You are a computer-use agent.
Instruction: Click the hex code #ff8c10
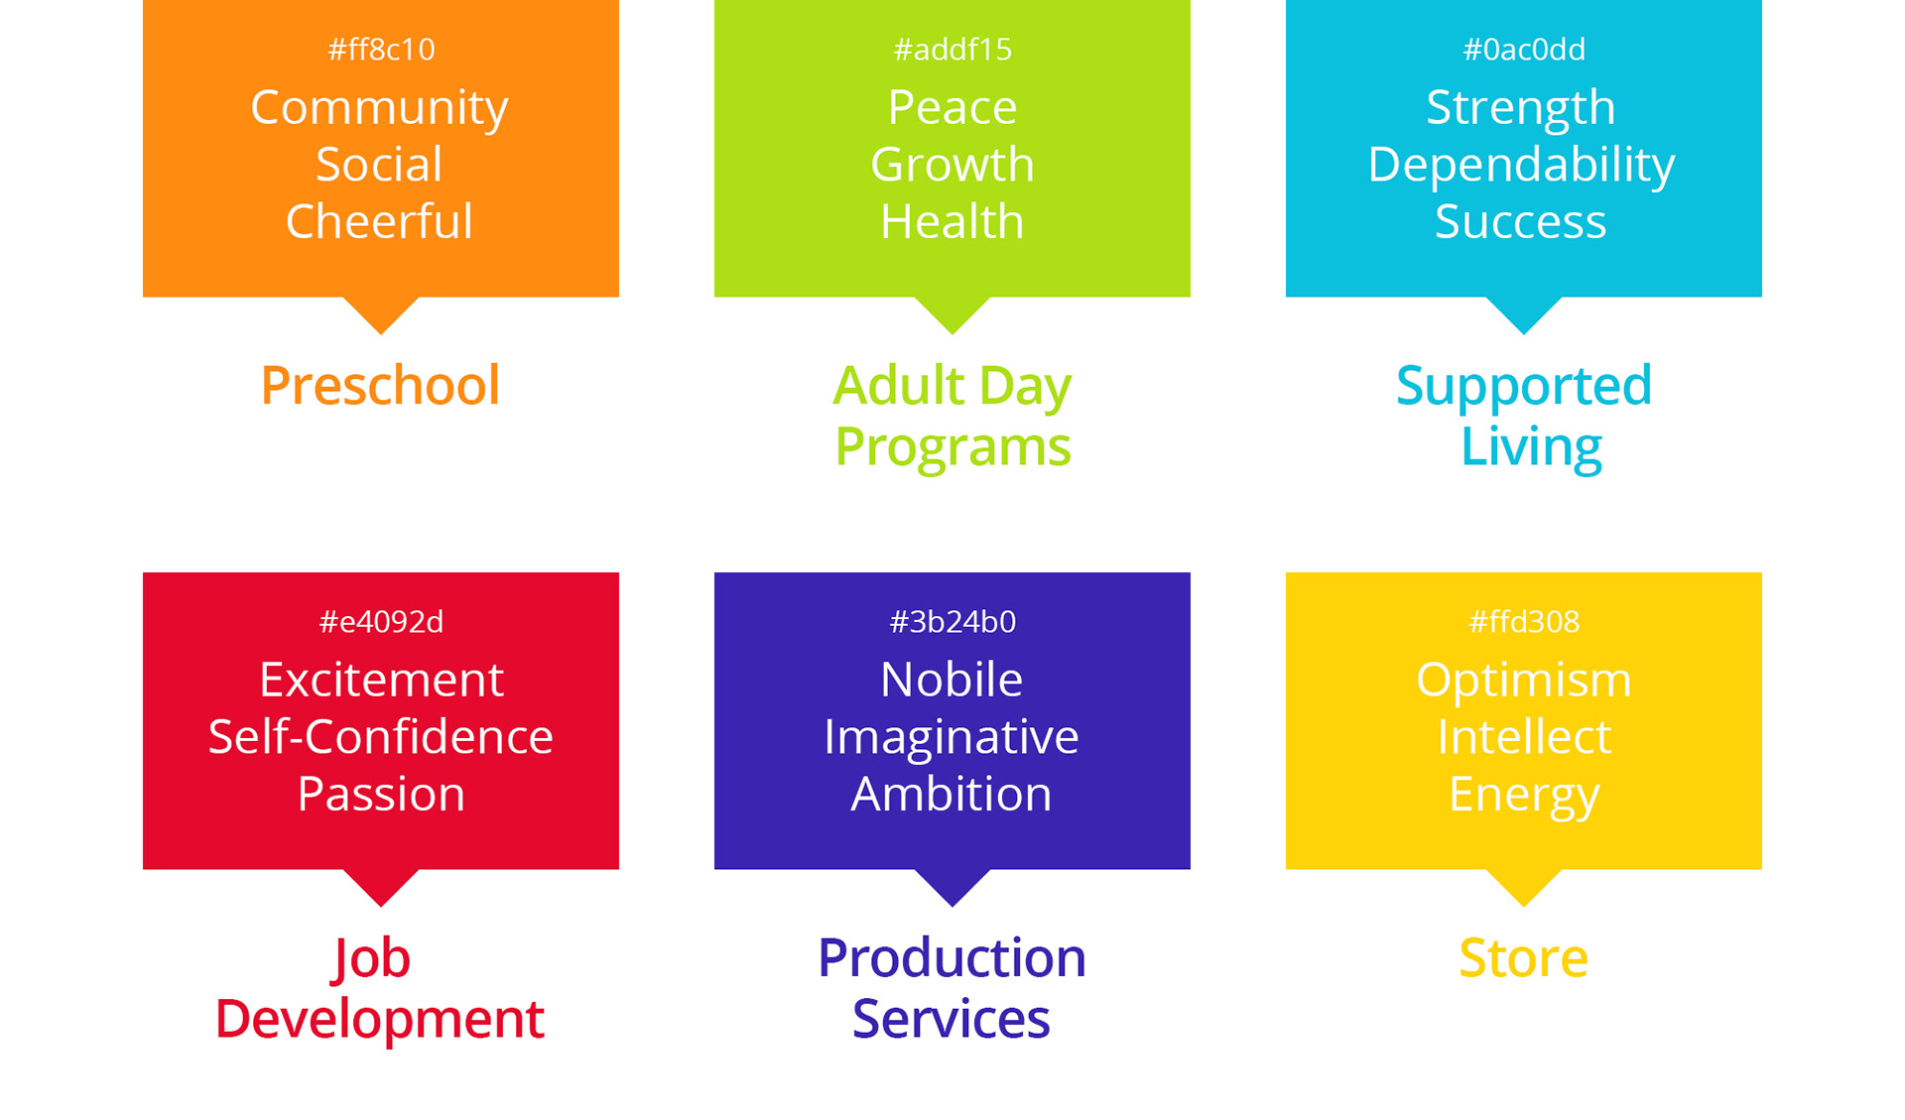[381, 50]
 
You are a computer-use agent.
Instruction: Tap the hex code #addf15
[952, 50]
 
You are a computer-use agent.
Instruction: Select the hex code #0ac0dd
[1524, 50]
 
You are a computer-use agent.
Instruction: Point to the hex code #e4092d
[381, 622]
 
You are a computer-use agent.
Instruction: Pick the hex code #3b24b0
[952, 622]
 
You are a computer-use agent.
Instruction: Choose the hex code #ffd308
[1524, 622]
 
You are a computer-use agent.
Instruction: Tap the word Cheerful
[379, 221]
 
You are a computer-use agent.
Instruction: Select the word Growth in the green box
[952, 165]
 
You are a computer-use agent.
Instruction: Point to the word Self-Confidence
[381, 737]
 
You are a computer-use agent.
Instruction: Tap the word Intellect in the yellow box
[1524, 737]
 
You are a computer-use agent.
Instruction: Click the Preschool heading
[380, 386]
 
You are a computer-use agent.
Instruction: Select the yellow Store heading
[1524, 958]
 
